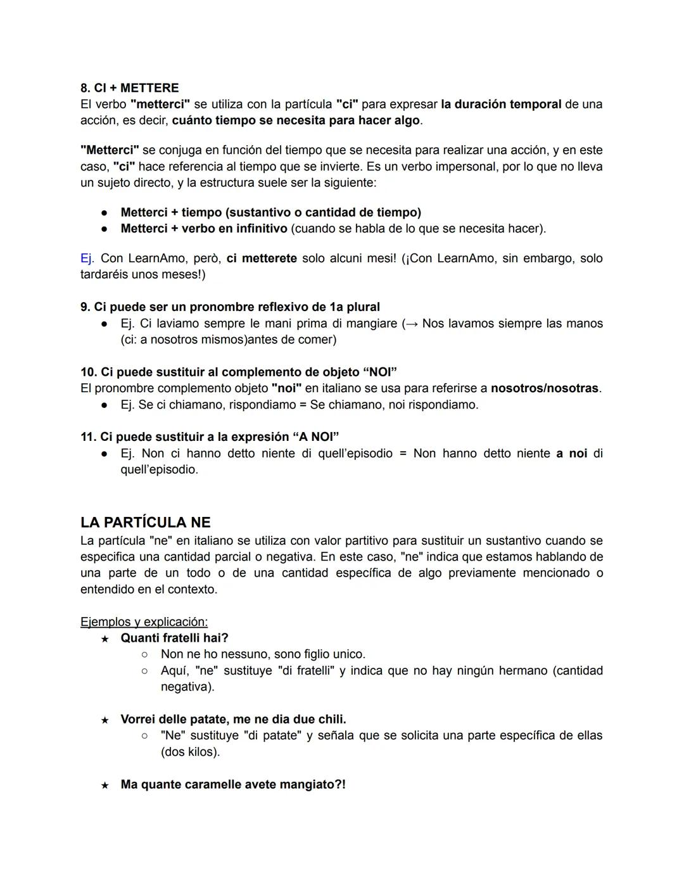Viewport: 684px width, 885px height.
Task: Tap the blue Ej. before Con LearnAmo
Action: pyautogui.click(x=87, y=258)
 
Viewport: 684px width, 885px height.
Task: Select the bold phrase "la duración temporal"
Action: pyautogui.click(x=501, y=104)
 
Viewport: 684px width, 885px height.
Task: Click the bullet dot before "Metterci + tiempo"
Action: pyautogui.click(x=105, y=213)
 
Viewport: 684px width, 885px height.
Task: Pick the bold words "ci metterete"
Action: pyautogui.click(x=261, y=258)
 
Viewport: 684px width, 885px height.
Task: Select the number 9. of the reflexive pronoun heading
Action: pyautogui.click(x=85, y=307)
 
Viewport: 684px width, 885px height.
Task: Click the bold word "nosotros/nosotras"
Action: pyautogui.click(x=544, y=388)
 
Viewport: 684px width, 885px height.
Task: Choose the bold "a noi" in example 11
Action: pyautogui.click(x=571, y=454)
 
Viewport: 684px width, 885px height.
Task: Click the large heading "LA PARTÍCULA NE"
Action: pyautogui.click(x=145, y=523)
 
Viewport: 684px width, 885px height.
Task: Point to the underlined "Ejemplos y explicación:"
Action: pyautogui.click(x=144, y=621)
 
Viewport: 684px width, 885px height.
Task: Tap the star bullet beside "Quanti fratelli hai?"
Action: pyautogui.click(x=105, y=639)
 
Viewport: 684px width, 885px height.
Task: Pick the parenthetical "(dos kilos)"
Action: pyautogui.click(x=190, y=752)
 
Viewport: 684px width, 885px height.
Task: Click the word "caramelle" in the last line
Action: pyautogui.click(x=213, y=784)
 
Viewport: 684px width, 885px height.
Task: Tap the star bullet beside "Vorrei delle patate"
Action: pyautogui.click(x=105, y=720)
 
